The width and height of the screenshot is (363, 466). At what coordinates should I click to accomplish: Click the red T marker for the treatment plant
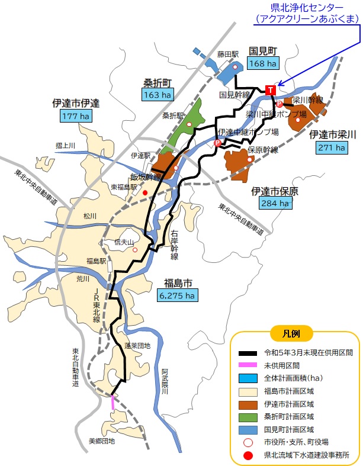[271, 90]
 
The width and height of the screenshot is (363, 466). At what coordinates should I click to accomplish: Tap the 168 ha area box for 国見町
[263, 63]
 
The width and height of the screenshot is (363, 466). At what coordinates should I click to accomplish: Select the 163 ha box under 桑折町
[157, 94]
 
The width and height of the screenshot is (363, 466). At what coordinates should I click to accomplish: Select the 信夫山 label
[124, 242]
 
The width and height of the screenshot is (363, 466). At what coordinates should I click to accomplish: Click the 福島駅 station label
[96, 261]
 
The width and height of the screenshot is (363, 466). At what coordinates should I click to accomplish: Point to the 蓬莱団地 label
[137, 346]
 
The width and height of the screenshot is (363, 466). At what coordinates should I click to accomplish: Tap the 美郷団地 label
[102, 441]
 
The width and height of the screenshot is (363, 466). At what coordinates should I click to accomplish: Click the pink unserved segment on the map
[113, 403]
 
